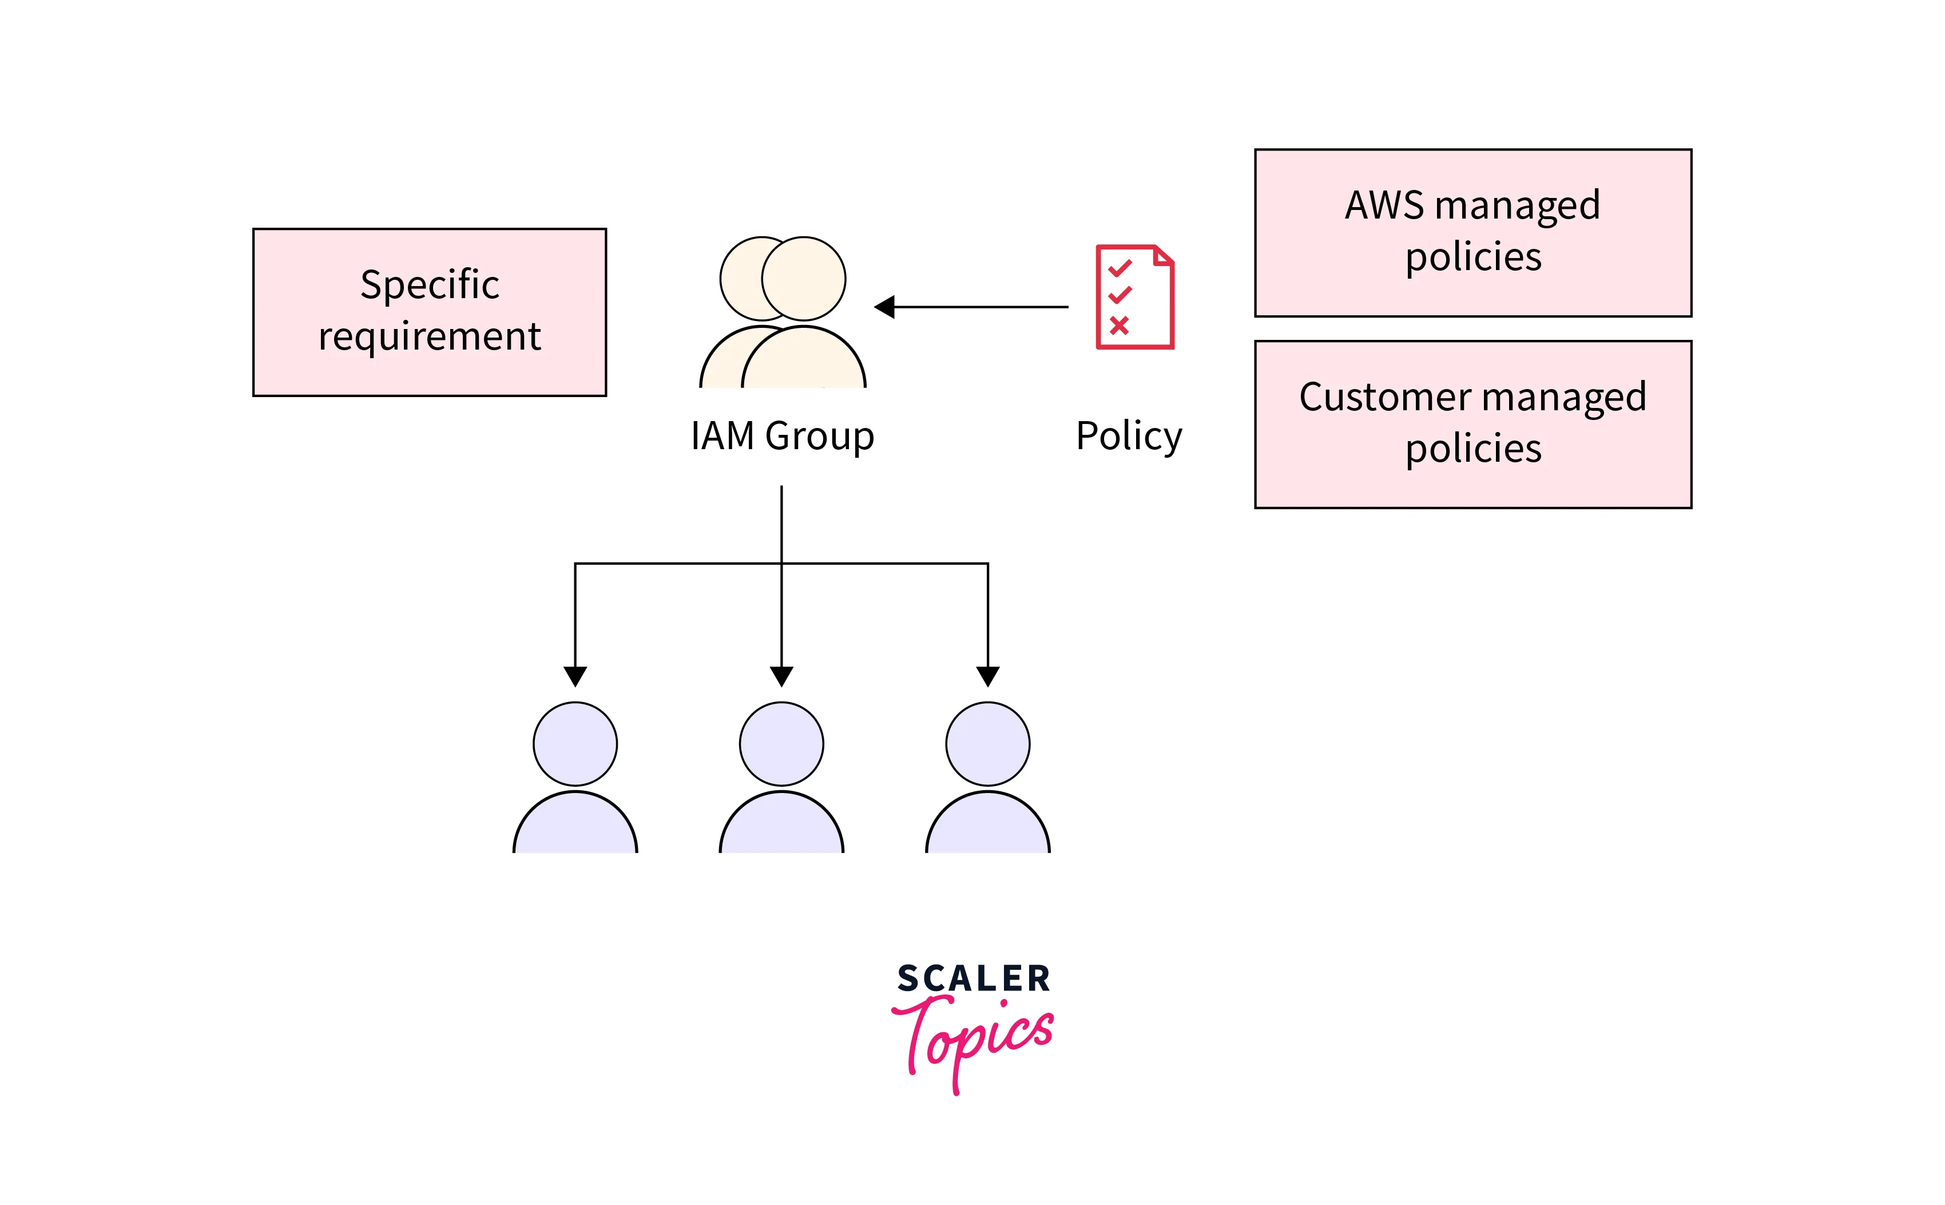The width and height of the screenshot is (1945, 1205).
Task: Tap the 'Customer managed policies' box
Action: (x=1472, y=424)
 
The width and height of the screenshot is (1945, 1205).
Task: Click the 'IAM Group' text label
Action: (x=781, y=436)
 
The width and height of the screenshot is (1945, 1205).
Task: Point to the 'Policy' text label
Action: (x=1128, y=436)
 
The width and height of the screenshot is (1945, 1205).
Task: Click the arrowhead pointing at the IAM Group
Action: (x=884, y=307)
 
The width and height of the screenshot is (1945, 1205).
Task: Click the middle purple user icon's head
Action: (x=781, y=744)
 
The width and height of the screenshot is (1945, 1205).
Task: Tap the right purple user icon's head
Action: (x=987, y=744)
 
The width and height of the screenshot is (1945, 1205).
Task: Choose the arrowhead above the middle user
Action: (x=781, y=676)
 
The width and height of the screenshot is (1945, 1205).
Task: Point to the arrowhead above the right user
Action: (x=987, y=676)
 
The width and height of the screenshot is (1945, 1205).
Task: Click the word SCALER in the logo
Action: (x=973, y=978)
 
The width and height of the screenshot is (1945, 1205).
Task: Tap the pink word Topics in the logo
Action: (x=973, y=1036)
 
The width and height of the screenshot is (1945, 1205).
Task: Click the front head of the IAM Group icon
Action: (x=803, y=278)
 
